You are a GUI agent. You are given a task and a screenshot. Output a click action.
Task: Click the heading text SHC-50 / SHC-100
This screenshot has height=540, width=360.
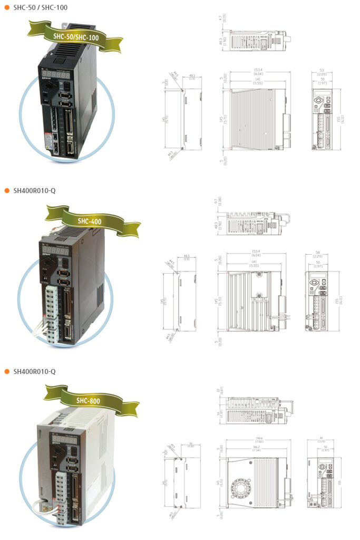pyautogui.click(x=40, y=7)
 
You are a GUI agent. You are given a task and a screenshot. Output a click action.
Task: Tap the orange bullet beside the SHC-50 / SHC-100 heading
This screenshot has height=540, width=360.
pyautogui.click(x=7, y=7)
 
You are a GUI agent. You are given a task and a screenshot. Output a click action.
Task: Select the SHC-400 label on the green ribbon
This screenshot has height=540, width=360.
pyautogui.click(x=89, y=221)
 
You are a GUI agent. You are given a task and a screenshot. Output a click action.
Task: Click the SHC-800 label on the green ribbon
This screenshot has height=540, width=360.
pyautogui.click(x=88, y=401)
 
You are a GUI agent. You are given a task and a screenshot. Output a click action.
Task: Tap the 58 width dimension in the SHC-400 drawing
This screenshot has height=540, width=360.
pyautogui.click(x=319, y=254)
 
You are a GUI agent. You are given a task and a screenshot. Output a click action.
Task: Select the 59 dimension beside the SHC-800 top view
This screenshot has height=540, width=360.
pyautogui.click(x=218, y=414)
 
